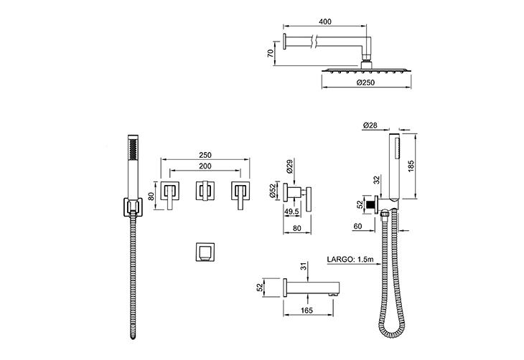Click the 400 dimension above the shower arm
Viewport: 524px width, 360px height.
pyautogui.click(x=325, y=22)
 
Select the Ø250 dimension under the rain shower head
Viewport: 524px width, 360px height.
pyautogui.click(x=365, y=82)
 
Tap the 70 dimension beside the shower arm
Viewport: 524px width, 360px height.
pyautogui.click(x=271, y=53)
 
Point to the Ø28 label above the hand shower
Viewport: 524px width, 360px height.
pyautogui.click(x=370, y=125)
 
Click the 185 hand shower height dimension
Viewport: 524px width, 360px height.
pyautogui.click(x=411, y=166)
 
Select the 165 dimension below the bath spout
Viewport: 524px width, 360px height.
pyautogui.click(x=307, y=311)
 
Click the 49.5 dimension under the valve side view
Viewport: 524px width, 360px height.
pyautogui.click(x=291, y=212)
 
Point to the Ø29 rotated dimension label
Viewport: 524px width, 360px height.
pyautogui.click(x=290, y=166)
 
